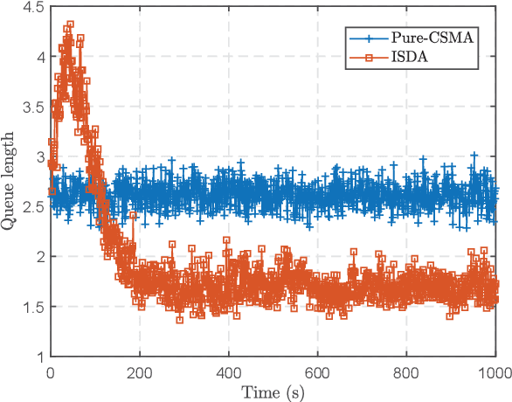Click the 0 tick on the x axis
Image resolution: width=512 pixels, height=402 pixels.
50,371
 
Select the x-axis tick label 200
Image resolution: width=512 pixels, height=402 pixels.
139,371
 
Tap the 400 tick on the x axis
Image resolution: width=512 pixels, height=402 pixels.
228,371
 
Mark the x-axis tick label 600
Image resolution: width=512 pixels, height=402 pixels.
318,371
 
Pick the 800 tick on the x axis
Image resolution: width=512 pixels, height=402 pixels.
407,371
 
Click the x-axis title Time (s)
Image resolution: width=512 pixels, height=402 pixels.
273,390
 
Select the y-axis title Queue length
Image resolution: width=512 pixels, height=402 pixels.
10,183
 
